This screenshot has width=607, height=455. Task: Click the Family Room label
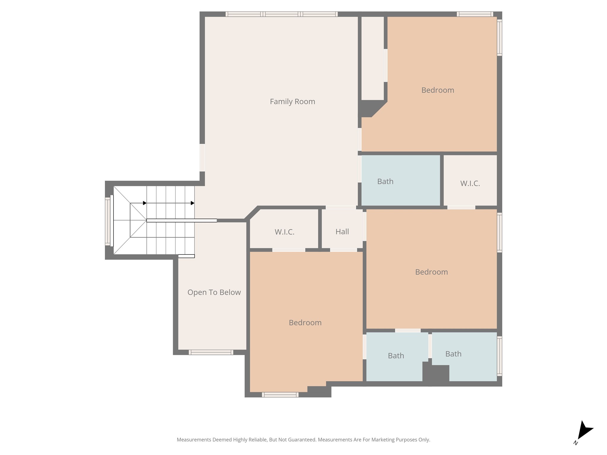click(292, 102)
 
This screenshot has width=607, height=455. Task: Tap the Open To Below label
click(214, 292)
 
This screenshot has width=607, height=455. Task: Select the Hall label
click(342, 232)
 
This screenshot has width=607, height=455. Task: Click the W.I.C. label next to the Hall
click(285, 232)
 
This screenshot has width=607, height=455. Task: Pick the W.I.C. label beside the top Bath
click(470, 183)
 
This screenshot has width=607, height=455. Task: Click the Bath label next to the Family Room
click(385, 181)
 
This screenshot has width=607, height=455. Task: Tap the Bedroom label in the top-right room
click(437, 90)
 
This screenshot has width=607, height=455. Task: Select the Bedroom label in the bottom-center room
click(305, 323)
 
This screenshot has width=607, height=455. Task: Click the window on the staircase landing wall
click(107, 222)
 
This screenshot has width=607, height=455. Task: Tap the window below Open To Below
click(211, 352)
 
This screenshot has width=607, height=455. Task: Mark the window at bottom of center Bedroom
click(280, 395)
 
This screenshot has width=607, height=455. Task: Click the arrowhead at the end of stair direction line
click(193, 203)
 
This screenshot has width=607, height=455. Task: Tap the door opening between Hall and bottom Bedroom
click(343, 250)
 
